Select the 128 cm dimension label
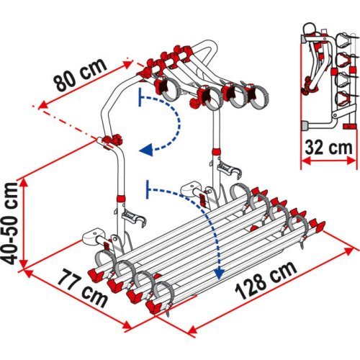266,280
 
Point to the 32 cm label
328,148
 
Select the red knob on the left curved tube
113,140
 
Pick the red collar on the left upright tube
121,199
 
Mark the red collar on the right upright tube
216,152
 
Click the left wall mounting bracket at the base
91,236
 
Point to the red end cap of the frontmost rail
154,307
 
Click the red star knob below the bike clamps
195,103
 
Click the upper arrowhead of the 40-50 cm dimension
23,183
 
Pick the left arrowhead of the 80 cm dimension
43,105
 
